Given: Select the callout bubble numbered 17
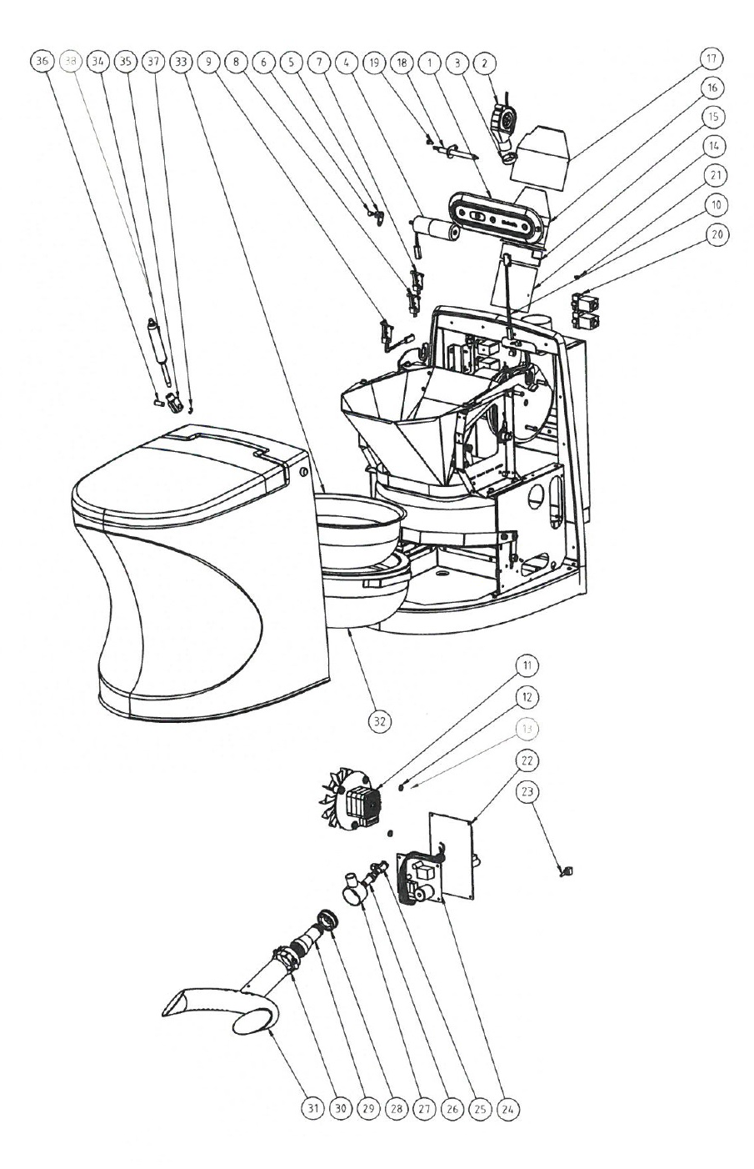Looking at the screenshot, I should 712,59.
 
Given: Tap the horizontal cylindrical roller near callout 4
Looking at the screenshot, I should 435,228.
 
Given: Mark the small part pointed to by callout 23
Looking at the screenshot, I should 569,872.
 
